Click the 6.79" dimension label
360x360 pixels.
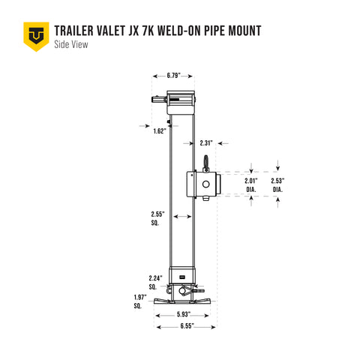172,76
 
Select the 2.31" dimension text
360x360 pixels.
208,142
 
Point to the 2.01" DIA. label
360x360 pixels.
251,185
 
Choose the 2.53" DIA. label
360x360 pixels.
278,185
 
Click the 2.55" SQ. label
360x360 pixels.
156,219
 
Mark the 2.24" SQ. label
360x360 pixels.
156,282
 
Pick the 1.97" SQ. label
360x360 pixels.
140,302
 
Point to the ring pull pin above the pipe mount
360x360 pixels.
203,163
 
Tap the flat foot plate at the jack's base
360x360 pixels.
183,301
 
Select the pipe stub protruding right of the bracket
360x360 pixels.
214,183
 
